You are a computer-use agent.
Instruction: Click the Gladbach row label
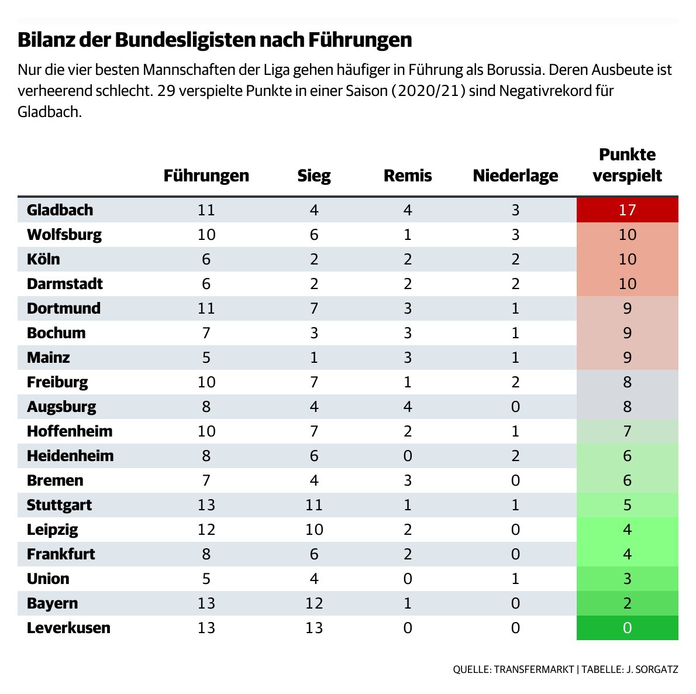[x=60, y=210]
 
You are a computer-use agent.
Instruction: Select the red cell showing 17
[x=627, y=210]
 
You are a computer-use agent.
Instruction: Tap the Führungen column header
[x=206, y=176]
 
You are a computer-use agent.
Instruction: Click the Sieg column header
[x=314, y=176]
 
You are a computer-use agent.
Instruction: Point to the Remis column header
[x=408, y=176]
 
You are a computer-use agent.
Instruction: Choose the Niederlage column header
[x=515, y=176]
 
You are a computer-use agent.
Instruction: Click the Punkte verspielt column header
[x=627, y=165]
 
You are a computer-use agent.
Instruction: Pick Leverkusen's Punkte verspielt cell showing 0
[x=627, y=628]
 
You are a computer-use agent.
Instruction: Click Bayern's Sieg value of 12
[x=314, y=603]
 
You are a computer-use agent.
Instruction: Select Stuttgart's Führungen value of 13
[x=206, y=505]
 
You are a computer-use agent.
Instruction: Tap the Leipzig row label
[x=52, y=530]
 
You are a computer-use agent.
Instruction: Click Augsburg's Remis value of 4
[x=408, y=407]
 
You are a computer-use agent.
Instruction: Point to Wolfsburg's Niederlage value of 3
[x=515, y=235]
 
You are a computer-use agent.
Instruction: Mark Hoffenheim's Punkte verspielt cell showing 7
[x=627, y=431]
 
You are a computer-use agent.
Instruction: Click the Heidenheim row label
[x=70, y=456]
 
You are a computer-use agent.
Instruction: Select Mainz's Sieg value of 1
[x=314, y=358]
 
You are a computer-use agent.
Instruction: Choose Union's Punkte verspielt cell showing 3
[x=627, y=579]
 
